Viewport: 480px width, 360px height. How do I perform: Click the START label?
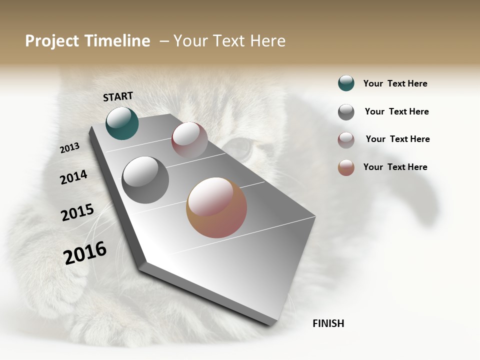pyautogui.click(x=118, y=96)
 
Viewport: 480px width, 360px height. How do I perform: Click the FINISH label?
pyautogui.click(x=328, y=323)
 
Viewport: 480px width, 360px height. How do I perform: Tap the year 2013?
pyautogui.click(x=69, y=147)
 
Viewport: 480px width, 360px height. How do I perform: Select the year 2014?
pyautogui.click(x=73, y=177)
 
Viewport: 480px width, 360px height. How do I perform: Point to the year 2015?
pyautogui.click(x=77, y=212)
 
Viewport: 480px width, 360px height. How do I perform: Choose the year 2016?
pyautogui.click(x=85, y=252)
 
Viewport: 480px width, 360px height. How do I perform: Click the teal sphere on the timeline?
pyautogui.click(x=122, y=123)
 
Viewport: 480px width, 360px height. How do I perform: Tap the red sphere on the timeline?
pyautogui.click(x=189, y=140)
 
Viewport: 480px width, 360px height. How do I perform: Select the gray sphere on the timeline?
pyautogui.click(x=145, y=180)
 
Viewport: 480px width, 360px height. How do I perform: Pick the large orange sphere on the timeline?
pyautogui.click(x=216, y=207)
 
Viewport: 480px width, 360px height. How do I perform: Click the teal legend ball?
pyautogui.click(x=346, y=83)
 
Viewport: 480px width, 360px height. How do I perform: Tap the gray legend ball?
pyautogui.click(x=346, y=112)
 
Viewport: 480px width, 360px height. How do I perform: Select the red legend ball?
pyautogui.click(x=346, y=140)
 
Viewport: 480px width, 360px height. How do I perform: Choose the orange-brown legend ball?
pyautogui.click(x=346, y=167)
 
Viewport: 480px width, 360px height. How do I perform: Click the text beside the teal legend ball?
pyautogui.click(x=395, y=83)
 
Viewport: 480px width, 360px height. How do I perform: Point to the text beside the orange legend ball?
pyautogui.click(x=395, y=167)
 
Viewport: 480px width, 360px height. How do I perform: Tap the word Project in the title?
pyautogui.click(x=52, y=41)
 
